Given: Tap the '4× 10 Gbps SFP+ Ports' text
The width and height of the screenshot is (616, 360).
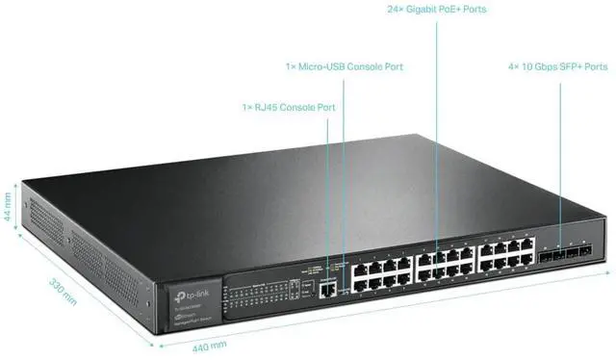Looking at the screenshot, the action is tap(557, 67).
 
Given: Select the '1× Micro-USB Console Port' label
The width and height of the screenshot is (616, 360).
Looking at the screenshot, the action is tap(343, 67).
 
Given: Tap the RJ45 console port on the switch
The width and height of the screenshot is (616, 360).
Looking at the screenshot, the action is tap(329, 286).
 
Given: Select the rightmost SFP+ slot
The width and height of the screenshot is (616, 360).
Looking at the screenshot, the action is tap(584, 254).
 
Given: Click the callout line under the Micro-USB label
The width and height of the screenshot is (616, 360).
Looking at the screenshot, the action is tap(343, 173).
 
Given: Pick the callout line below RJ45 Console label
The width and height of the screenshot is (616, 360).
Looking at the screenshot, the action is tap(328, 193).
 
